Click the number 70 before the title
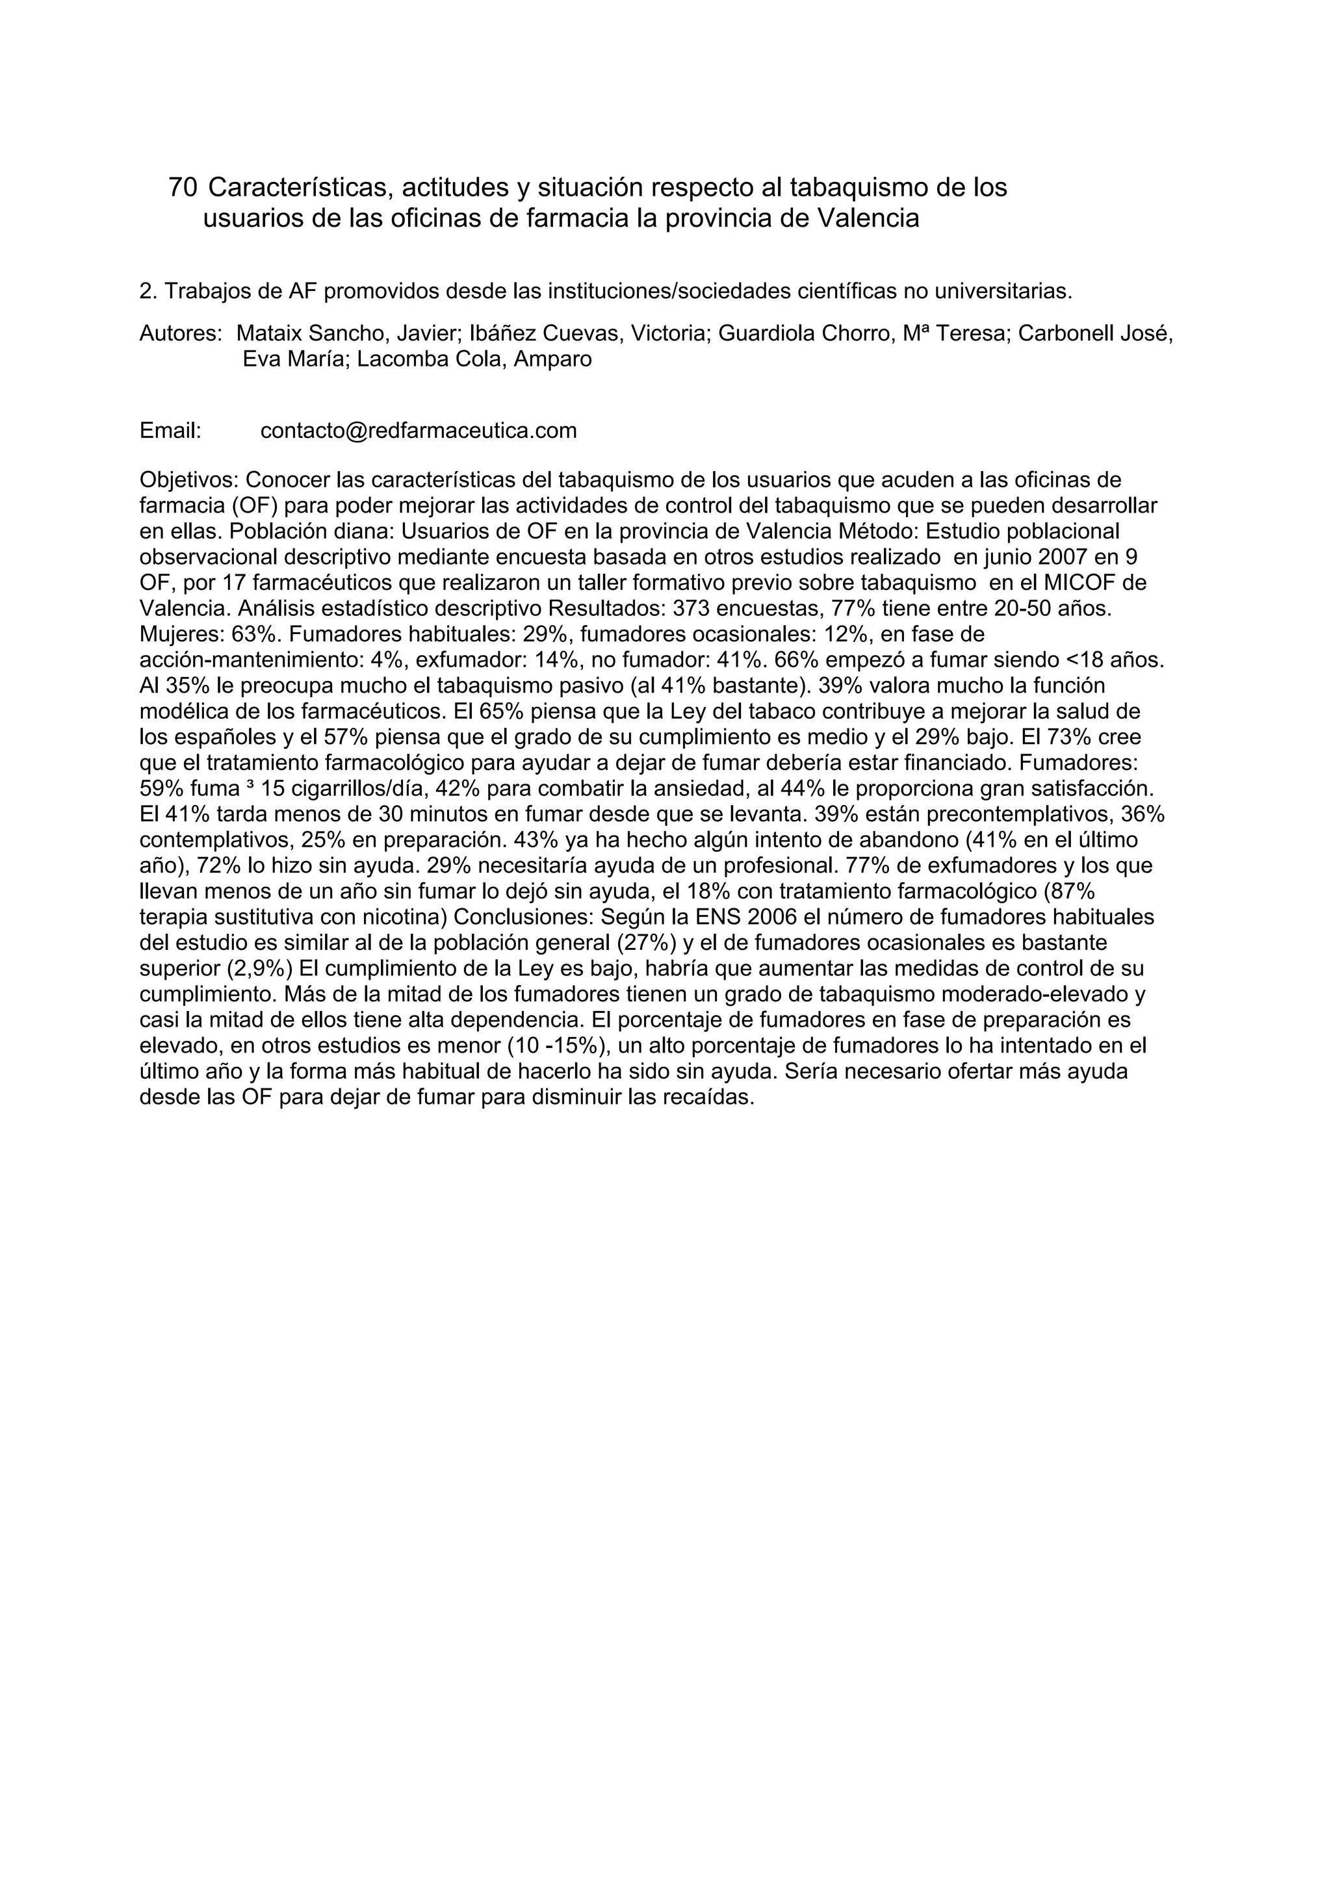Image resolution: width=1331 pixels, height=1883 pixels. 182,188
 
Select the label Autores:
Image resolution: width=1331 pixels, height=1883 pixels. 181,334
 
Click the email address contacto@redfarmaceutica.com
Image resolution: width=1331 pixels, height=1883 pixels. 419,431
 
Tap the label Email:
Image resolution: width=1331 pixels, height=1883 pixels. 170,431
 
